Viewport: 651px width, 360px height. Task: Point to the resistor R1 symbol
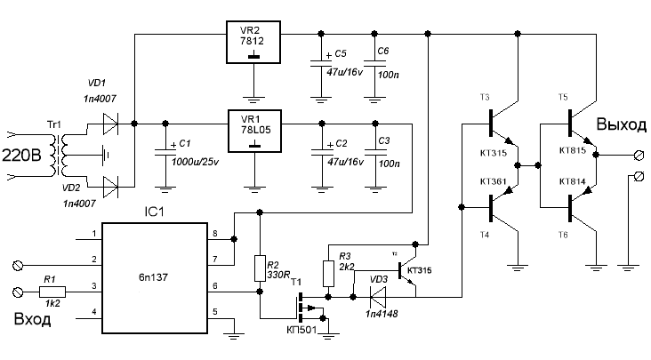[x=52, y=291]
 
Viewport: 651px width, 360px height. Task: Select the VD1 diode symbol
[x=109, y=123]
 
